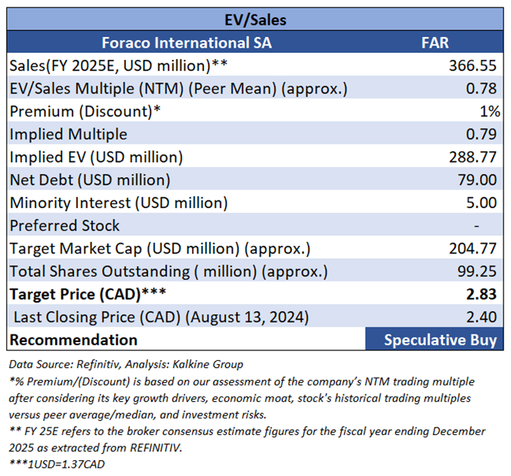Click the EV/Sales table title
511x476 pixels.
click(255, 19)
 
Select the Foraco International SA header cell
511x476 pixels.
click(187, 42)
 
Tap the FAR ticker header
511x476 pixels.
click(434, 42)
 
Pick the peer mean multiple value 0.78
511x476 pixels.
click(484, 89)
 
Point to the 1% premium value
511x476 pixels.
click(490, 111)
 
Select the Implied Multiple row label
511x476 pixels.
click(69, 134)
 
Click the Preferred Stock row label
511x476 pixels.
click(64, 225)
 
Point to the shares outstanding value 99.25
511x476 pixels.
click(480, 271)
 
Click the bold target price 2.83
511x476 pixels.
click(484, 294)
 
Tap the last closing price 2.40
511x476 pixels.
click(484, 316)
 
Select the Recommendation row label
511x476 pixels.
click(73, 339)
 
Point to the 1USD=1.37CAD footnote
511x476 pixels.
click(57, 463)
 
